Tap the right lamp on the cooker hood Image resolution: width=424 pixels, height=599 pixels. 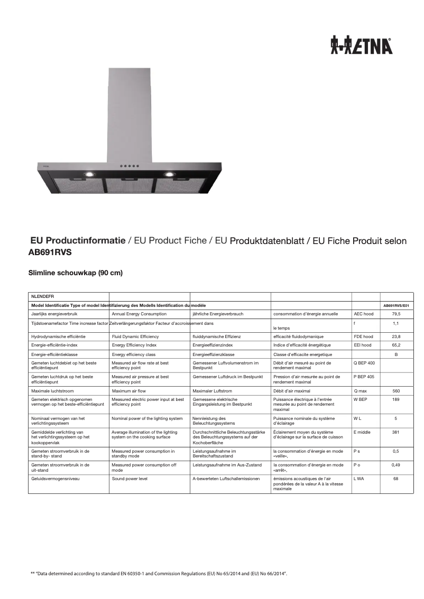pos(169,174)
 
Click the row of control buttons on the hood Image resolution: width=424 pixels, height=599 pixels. pos(130,166)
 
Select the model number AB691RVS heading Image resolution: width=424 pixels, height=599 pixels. pos(50,252)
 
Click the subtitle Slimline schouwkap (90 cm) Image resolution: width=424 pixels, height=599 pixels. pos(75,273)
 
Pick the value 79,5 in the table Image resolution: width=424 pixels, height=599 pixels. pos(396,314)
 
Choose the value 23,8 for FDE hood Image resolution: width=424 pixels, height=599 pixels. pos(396,336)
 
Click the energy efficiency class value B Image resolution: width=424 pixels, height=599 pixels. pos(396,354)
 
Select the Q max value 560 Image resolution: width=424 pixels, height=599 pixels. pos(396,391)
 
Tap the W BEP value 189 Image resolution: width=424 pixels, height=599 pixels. pos(396,400)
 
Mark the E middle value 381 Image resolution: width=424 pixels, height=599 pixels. pos(396,432)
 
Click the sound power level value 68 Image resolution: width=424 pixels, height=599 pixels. pos(396,479)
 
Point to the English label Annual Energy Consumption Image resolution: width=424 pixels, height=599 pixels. pos(139,314)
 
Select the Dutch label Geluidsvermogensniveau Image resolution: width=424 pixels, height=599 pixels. pos(52,479)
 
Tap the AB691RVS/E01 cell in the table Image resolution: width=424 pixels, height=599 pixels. pos(397,305)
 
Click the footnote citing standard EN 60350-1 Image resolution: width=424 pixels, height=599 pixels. pos(159,573)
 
